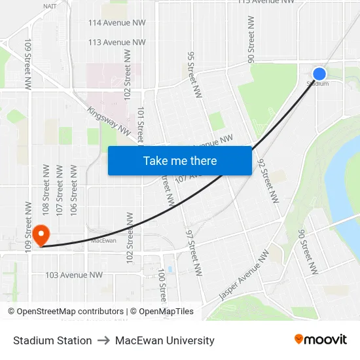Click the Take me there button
pyautogui.click(x=180, y=161)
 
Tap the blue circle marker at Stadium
pyautogui.click(x=319, y=74)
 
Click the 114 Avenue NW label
pyautogui.click(x=117, y=23)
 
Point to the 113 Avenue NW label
pyautogui.click(x=117, y=43)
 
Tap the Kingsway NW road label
pyautogui.click(x=109, y=121)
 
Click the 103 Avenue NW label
pyautogui.click(x=74, y=275)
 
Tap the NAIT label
pyautogui.click(x=50, y=6)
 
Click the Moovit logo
pyautogui.click(x=321, y=340)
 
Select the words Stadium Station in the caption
pyautogui.click(x=52, y=340)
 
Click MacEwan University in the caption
pyautogui.click(x=165, y=340)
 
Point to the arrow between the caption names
pyautogui.click(x=103, y=340)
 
